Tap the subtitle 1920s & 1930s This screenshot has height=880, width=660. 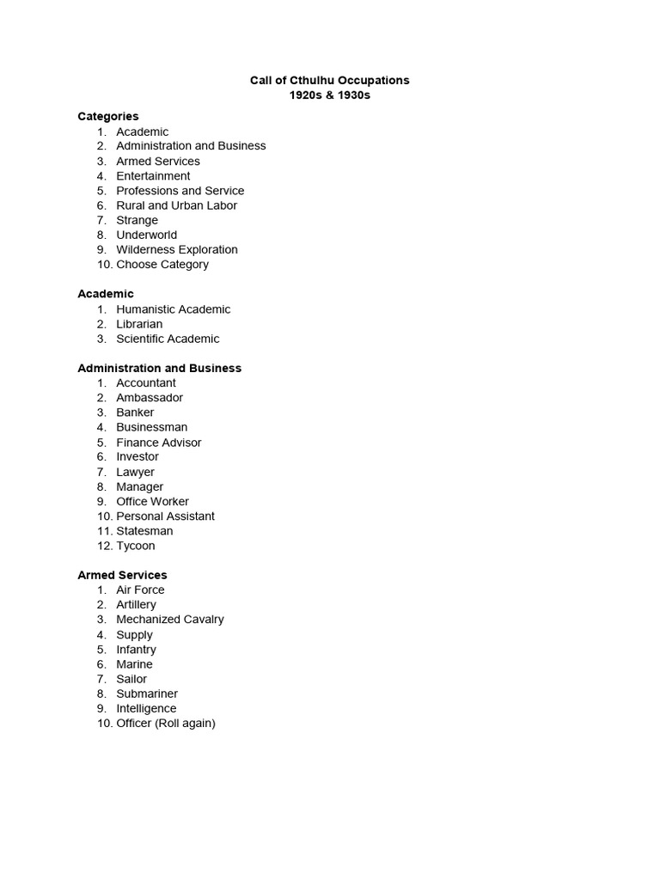point(330,95)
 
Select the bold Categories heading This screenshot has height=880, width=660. point(107,116)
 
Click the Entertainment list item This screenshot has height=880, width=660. point(153,175)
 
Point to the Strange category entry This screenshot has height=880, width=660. point(137,220)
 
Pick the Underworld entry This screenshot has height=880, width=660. point(146,235)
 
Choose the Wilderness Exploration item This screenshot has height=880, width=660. point(177,249)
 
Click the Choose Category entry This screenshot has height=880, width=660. point(162,264)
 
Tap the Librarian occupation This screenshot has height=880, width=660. point(139,324)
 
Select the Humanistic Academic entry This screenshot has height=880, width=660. point(174,309)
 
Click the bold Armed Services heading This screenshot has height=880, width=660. point(122,575)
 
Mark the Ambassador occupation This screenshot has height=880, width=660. point(150,397)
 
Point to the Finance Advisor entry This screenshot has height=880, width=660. point(159,442)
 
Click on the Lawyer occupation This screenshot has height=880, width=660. point(136,472)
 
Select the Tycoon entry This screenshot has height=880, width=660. point(136,546)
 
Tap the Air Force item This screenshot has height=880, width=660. point(140,590)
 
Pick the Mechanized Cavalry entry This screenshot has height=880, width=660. point(170,619)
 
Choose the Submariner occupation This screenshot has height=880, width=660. point(147,694)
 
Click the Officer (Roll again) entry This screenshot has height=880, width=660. point(166,723)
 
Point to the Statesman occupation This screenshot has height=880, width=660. point(144,530)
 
